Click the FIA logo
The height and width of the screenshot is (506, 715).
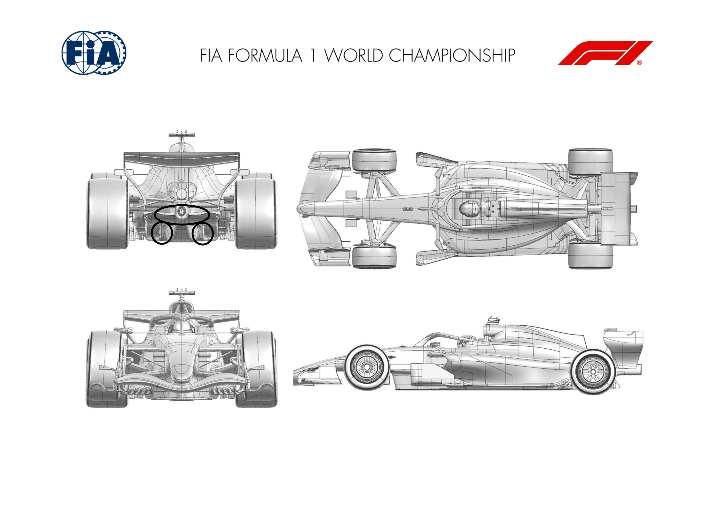[x=94, y=53]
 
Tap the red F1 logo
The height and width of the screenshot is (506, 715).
[x=605, y=53]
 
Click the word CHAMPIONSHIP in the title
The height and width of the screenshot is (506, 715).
[x=452, y=55]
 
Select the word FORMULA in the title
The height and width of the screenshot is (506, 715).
[x=265, y=55]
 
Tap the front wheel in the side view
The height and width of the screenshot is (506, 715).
[x=367, y=367]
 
